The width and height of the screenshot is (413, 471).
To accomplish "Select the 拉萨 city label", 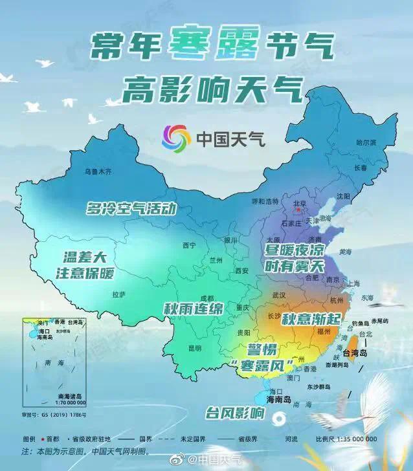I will (118, 294).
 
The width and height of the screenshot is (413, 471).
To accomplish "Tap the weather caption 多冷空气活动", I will (131, 209).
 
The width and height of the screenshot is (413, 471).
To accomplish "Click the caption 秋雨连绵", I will (193, 309).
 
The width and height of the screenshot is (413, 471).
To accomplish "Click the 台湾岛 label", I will (354, 353).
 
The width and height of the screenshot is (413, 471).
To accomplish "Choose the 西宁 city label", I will (189, 245).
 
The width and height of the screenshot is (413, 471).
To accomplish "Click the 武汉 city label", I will (278, 294).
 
